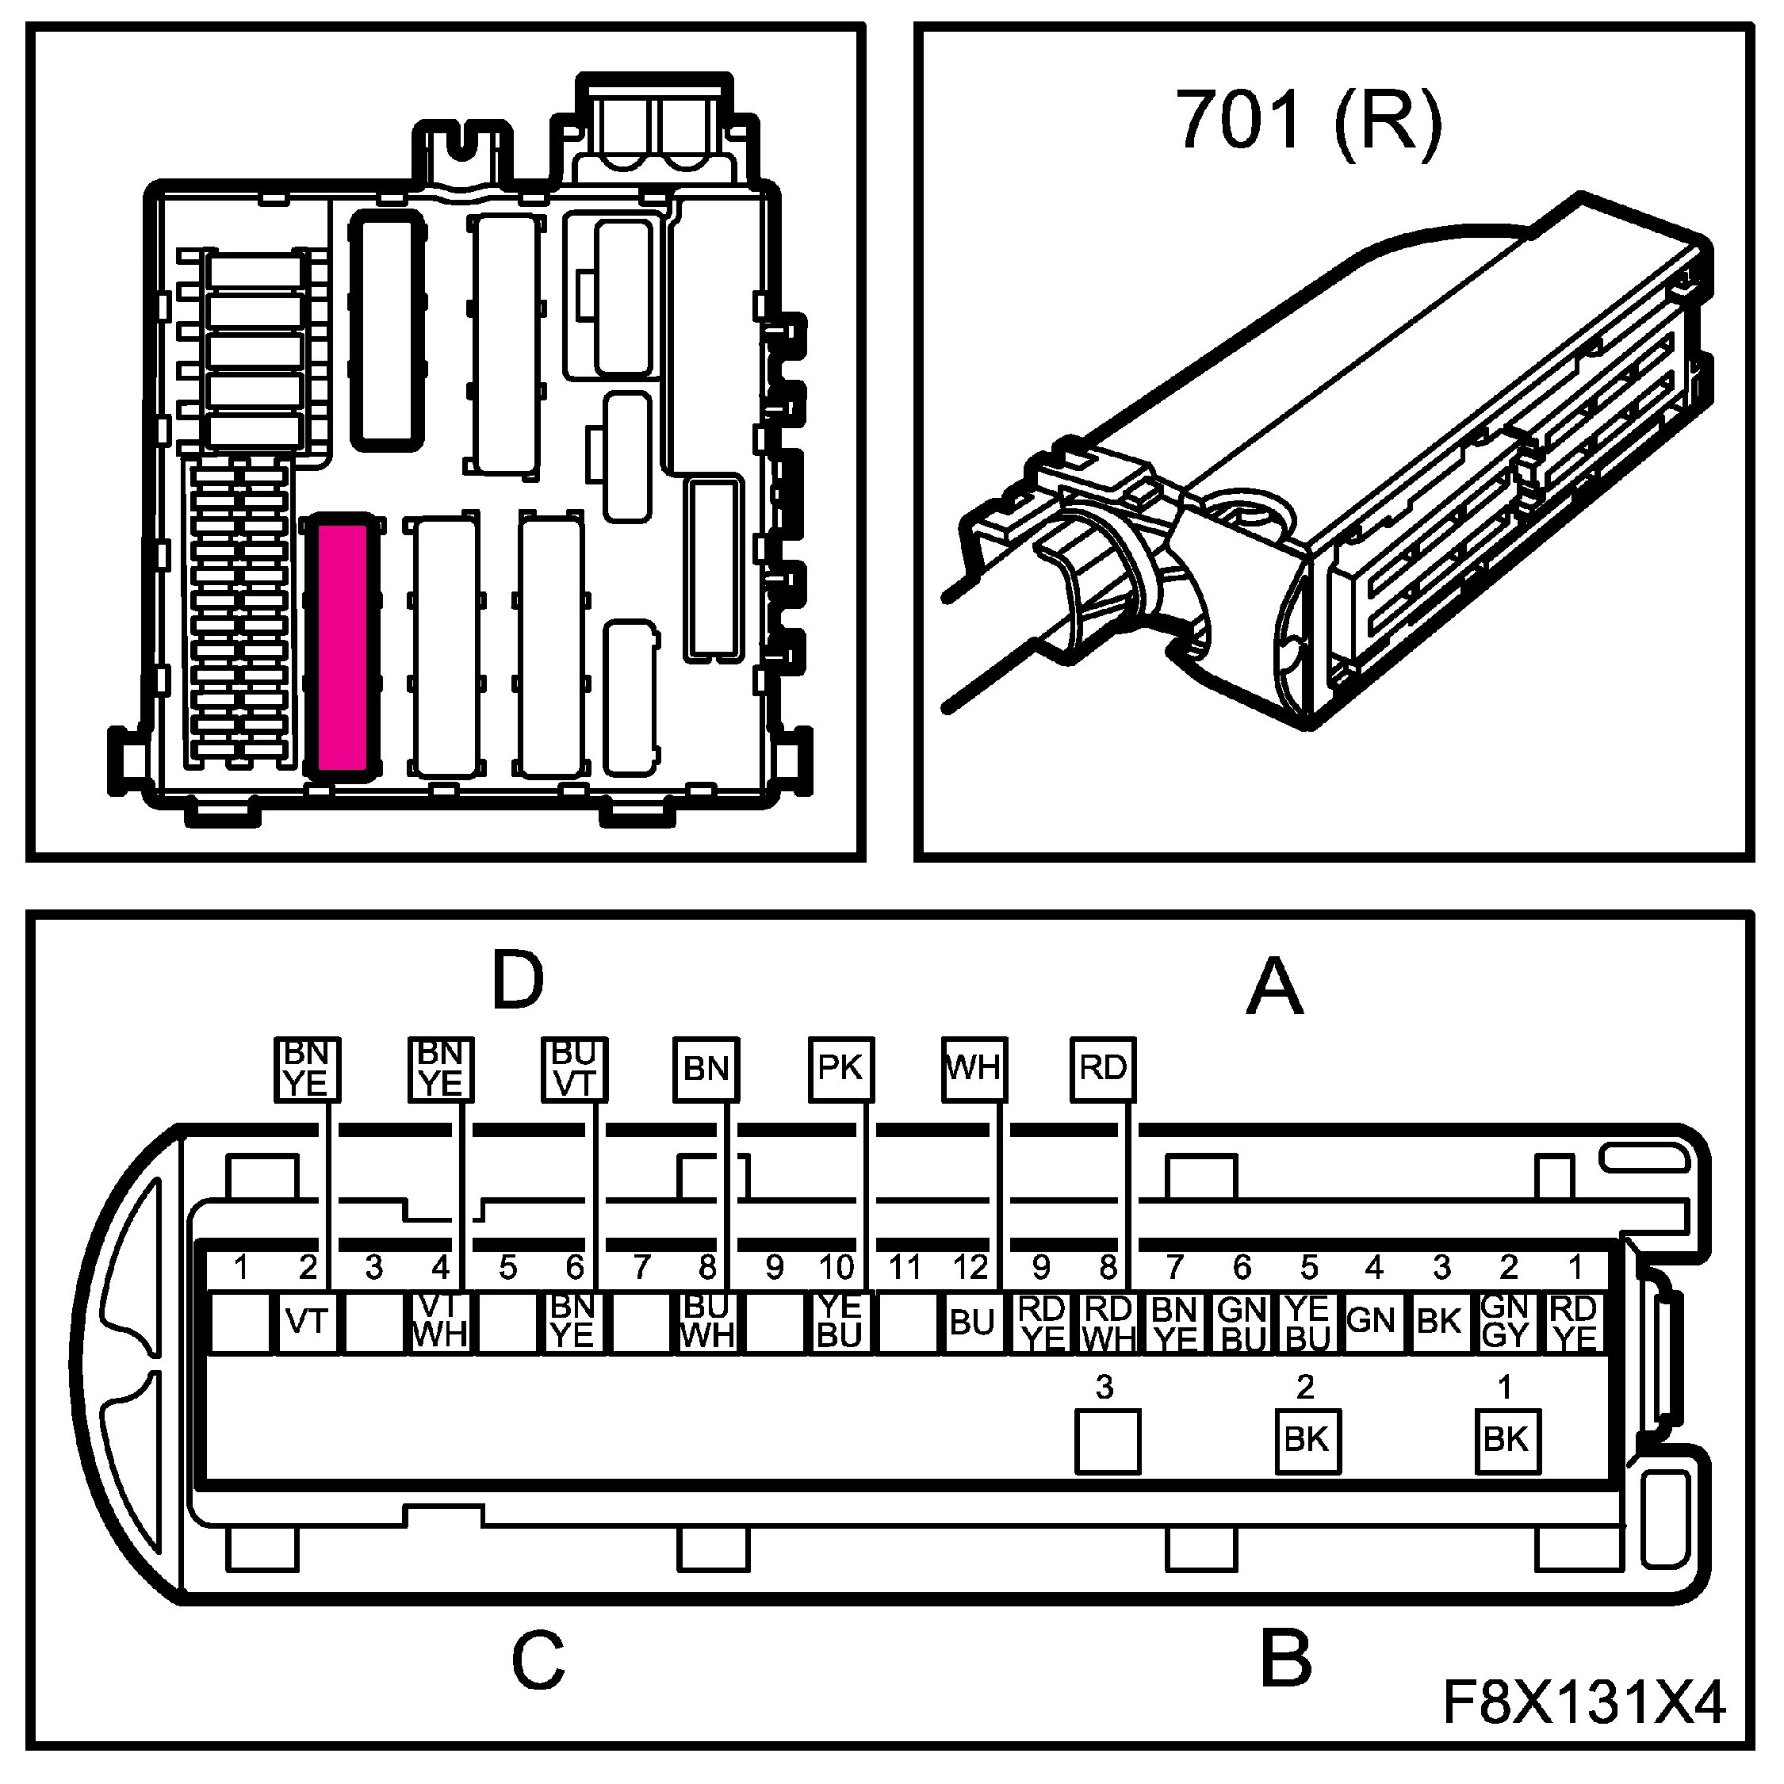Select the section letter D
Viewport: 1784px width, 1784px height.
[518, 981]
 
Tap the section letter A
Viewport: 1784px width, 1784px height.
[1275, 986]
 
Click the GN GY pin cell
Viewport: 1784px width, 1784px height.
[1506, 1323]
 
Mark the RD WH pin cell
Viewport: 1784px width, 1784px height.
[1108, 1323]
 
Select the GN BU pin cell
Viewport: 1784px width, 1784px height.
[1242, 1323]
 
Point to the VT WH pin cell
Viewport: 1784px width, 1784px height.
[441, 1322]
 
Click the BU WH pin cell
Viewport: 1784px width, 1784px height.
[707, 1322]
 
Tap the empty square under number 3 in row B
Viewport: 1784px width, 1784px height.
[1107, 1441]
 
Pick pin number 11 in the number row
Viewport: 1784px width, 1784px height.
[905, 1268]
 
